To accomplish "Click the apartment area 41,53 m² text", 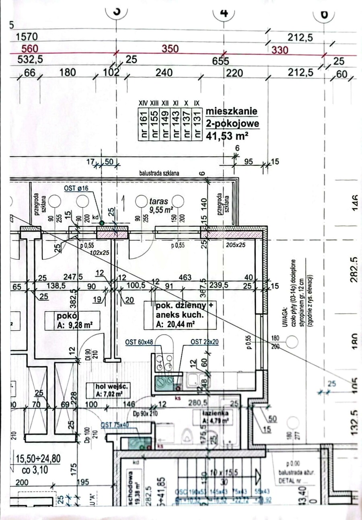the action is click(x=227, y=136).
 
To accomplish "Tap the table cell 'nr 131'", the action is click(x=196, y=124).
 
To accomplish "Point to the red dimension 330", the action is click(x=280, y=49).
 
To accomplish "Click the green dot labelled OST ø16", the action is click(x=101, y=222).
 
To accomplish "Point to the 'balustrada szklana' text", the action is click(x=159, y=173).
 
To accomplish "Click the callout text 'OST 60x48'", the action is click(x=139, y=342).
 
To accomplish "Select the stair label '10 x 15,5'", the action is click(x=225, y=472).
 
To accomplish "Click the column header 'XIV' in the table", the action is click(x=143, y=103).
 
